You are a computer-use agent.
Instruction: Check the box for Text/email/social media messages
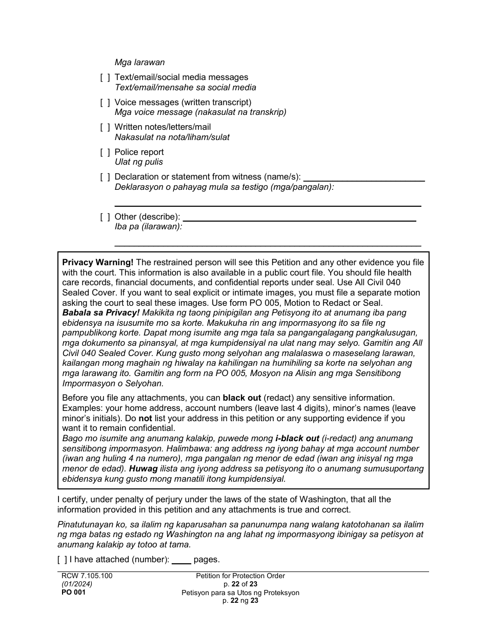pos(105,77)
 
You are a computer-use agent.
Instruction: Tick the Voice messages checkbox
pos(105,103)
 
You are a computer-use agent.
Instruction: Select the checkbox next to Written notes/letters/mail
pos(105,127)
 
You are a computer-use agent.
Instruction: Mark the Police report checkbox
pos(105,152)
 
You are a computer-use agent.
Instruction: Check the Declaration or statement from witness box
pos(105,177)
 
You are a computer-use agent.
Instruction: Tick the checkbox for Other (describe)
pos(105,217)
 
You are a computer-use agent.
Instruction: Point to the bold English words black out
pos(242,398)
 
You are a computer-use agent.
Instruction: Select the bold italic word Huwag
pos(143,469)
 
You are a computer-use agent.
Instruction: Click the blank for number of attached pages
pos(181,560)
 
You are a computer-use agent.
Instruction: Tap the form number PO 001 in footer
pos(73,593)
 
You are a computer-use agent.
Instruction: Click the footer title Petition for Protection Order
pos(240,576)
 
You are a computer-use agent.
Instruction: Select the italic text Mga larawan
pos(139,63)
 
